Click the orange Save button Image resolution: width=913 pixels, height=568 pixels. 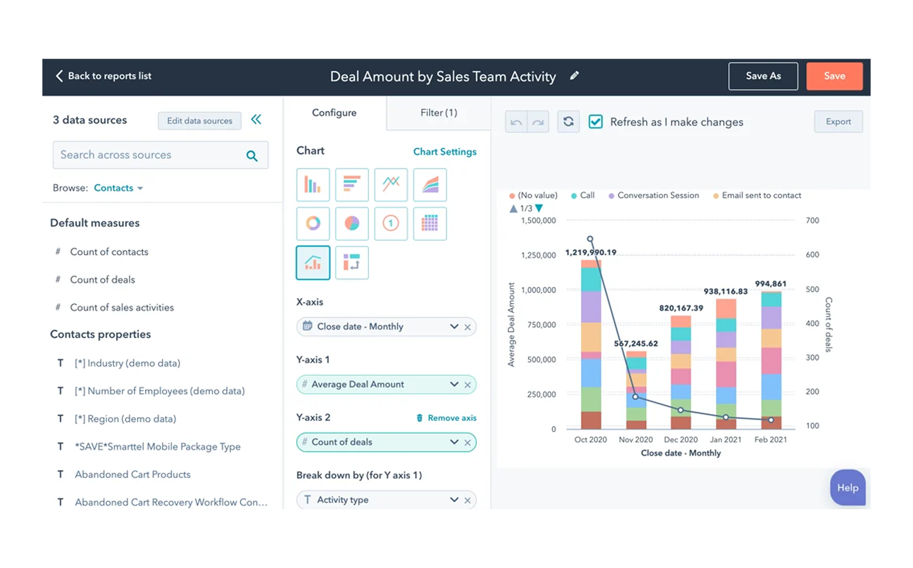[x=834, y=76]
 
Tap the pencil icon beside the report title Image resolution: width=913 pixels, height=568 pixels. [x=574, y=76]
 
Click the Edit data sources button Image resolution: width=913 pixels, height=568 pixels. [x=199, y=121]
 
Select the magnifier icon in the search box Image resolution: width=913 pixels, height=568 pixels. [x=252, y=155]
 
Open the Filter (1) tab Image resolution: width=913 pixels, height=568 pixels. [x=438, y=113]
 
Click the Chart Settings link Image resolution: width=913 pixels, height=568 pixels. [x=444, y=152]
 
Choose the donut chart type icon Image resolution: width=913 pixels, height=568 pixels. [x=313, y=223]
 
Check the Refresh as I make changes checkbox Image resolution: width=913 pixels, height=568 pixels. [x=596, y=122]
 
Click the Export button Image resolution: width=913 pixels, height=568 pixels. [x=838, y=122]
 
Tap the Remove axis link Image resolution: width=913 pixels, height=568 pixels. [x=446, y=418]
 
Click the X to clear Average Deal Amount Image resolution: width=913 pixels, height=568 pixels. [x=468, y=385]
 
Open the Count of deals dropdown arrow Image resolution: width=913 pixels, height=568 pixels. [x=454, y=442]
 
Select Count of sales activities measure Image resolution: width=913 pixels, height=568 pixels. [x=122, y=308]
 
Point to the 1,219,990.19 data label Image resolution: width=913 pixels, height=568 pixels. [x=590, y=252]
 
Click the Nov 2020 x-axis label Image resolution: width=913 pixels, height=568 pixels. [x=636, y=439]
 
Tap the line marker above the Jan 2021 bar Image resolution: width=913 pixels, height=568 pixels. [x=726, y=417]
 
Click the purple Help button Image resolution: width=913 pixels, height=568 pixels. [x=847, y=488]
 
